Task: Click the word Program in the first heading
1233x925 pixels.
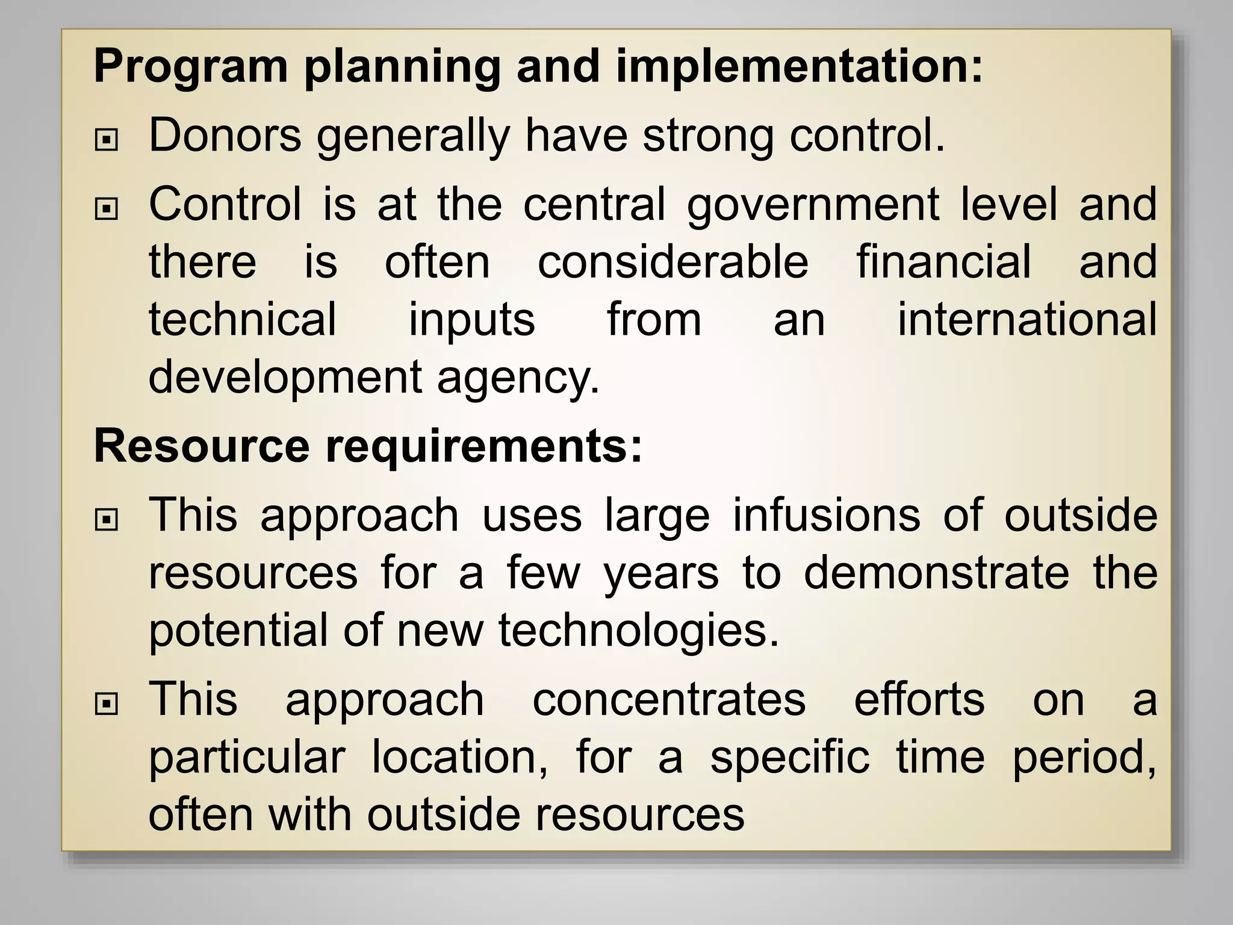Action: coord(191,67)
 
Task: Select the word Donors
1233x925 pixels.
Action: coord(225,135)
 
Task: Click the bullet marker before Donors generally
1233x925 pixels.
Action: coord(107,140)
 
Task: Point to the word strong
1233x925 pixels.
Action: coord(708,135)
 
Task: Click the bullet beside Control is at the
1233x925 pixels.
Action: coord(107,209)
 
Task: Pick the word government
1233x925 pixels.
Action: coord(813,205)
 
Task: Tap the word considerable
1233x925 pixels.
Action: coord(673,262)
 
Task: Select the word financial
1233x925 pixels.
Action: coord(944,262)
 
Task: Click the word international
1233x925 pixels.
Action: coord(1027,319)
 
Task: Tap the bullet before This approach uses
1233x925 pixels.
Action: coord(107,520)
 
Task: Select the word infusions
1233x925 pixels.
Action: coord(827,515)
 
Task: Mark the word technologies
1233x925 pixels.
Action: coord(639,631)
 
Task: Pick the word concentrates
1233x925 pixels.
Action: coord(669,700)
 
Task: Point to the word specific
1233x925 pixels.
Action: coord(790,758)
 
